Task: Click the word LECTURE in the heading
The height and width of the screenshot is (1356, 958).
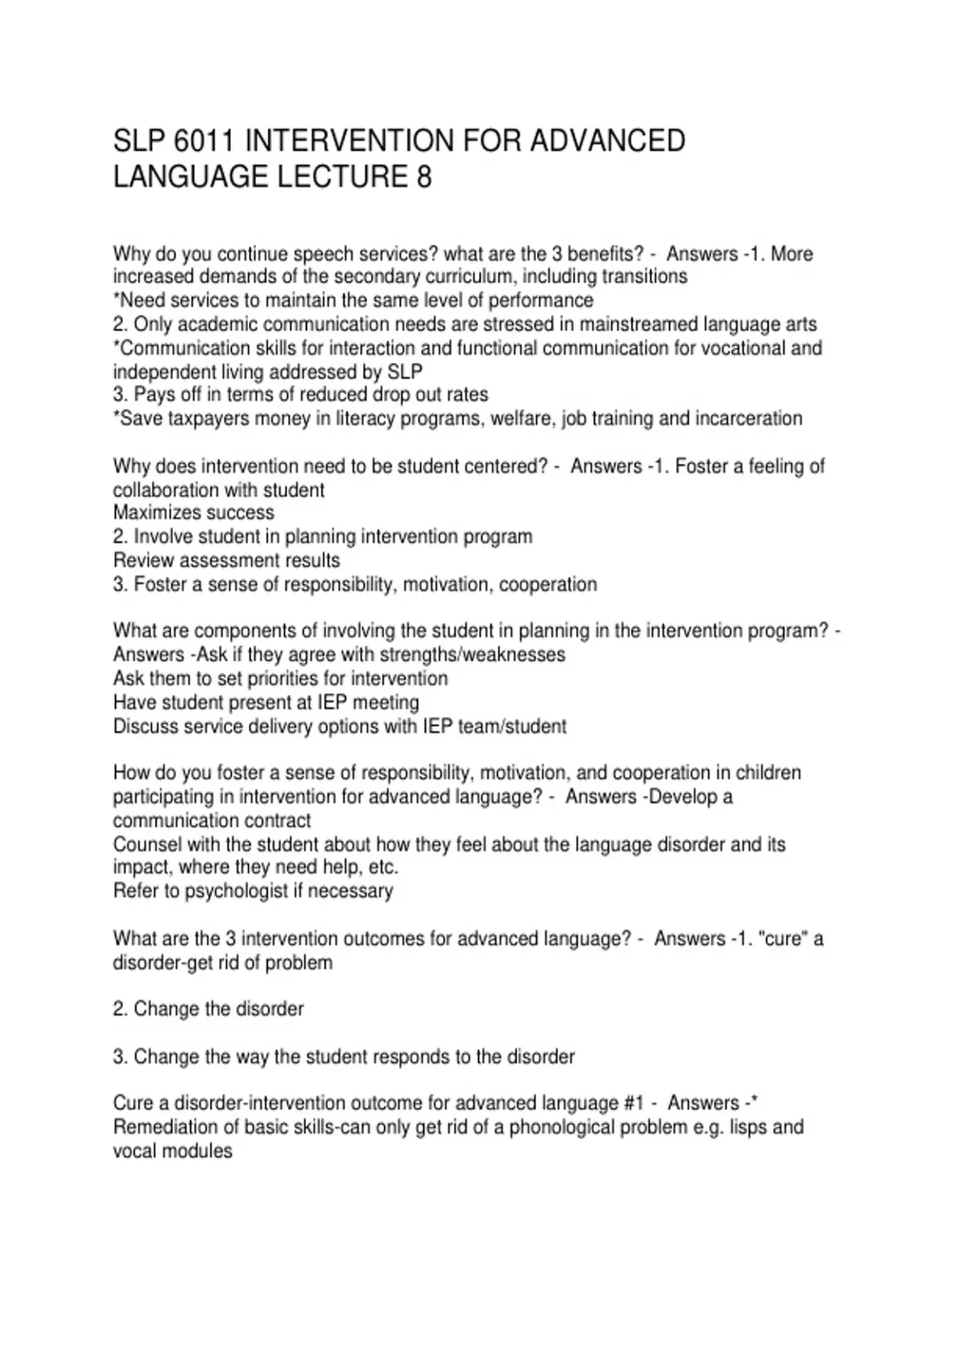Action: click(x=341, y=176)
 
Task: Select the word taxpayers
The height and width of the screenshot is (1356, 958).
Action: click(x=208, y=419)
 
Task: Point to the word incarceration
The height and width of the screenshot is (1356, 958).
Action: click(x=746, y=419)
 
